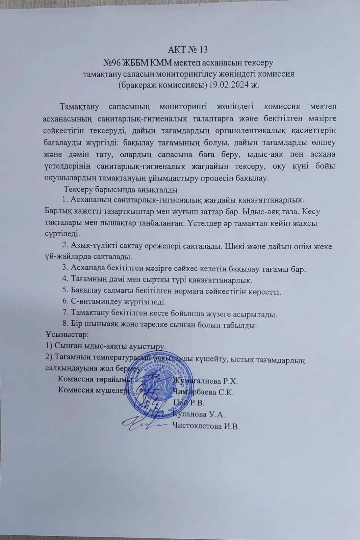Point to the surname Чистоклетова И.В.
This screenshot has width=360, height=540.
click(206, 426)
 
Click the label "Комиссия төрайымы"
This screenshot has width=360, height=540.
click(94, 379)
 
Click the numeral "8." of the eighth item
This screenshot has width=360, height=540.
click(66, 325)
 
